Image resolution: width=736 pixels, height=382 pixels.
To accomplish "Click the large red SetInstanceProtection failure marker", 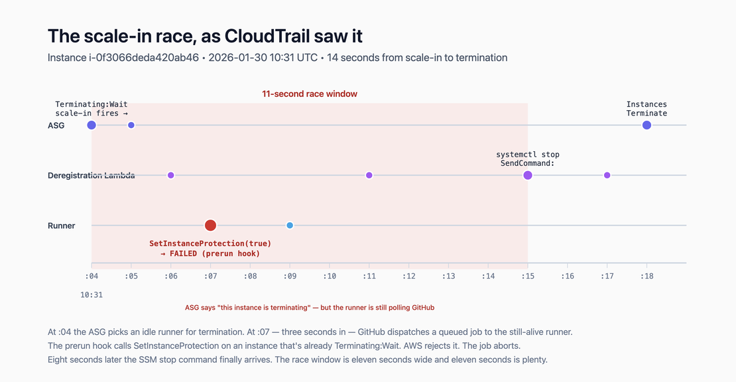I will (x=210, y=225).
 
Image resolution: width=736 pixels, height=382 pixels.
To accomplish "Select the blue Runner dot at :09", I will (x=290, y=225).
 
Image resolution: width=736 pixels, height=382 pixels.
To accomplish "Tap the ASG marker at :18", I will (x=646, y=125).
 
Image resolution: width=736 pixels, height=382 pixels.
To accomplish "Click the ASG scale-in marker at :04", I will (x=92, y=125).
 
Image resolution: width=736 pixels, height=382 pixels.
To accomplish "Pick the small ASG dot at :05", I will (x=131, y=125).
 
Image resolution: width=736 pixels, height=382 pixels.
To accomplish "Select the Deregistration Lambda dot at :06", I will (x=170, y=175).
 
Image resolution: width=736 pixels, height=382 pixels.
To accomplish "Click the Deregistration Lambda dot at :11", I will (x=369, y=175).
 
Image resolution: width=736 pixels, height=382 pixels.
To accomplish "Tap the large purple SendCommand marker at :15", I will (x=528, y=175).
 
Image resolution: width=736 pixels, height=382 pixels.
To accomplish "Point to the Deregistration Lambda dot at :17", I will (x=607, y=175).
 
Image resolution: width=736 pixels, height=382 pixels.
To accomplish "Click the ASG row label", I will (x=56, y=125).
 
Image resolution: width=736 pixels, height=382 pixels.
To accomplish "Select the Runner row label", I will (x=62, y=225).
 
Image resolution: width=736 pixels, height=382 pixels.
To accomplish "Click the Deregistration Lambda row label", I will (x=92, y=176).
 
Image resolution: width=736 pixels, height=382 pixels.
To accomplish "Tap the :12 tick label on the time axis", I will (x=409, y=276).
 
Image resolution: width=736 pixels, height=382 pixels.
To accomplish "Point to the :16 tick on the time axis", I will (x=568, y=276).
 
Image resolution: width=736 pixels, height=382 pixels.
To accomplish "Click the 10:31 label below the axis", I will (x=92, y=295).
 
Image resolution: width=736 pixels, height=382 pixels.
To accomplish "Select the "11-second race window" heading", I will (x=310, y=94).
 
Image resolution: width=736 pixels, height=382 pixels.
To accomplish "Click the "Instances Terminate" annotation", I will (x=646, y=109).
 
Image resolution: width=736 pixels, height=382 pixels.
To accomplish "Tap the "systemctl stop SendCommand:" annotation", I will (x=528, y=159).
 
